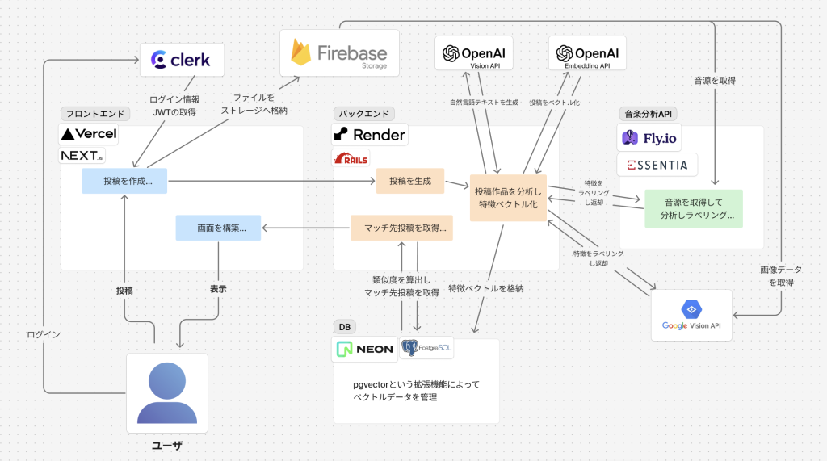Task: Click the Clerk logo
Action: (181, 59)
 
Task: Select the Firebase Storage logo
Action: (339, 53)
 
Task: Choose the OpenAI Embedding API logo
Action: (587, 54)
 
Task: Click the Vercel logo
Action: (89, 133)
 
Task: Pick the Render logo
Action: (369, 134)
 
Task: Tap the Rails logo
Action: (351, 157)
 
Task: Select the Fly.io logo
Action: (649, 138)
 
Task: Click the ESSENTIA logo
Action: (657, 165)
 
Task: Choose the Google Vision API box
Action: (691, 315)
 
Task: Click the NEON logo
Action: (365, 349)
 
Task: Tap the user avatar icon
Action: (167, 392)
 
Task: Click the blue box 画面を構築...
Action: (217, 228)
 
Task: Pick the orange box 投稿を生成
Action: (410, 181)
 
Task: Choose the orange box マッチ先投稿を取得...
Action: (401, 228)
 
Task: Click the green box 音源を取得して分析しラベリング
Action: (693, 208)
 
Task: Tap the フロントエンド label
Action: (90, 114)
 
